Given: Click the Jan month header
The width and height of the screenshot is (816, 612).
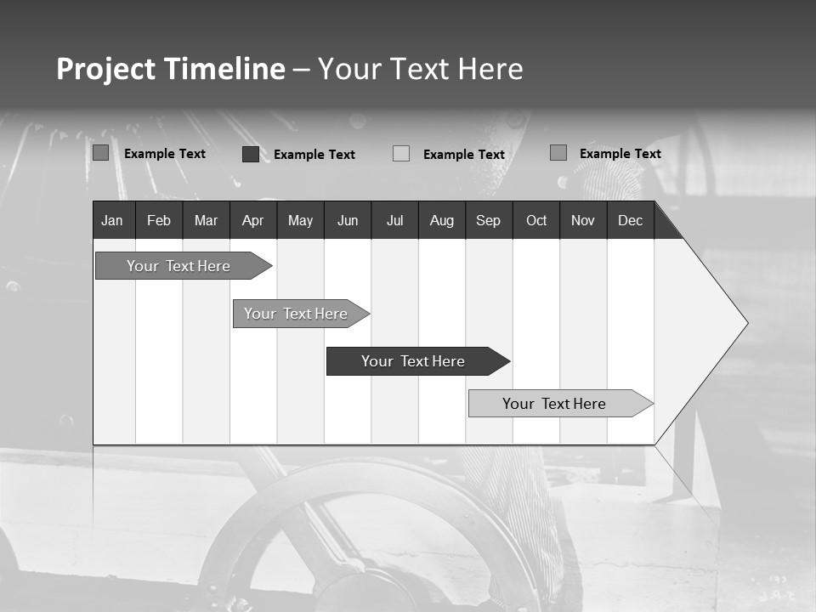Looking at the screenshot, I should [112, 221].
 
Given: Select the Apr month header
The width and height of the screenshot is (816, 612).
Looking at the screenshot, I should [252, 221].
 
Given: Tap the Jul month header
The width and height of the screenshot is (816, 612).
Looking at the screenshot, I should [394, 221].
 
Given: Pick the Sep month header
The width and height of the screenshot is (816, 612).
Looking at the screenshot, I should [488, 221].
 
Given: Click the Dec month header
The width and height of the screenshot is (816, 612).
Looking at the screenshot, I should [630, 221].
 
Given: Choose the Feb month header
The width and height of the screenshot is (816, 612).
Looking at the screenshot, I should [159, 221].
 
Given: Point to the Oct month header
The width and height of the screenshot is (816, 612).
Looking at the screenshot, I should [536, 221].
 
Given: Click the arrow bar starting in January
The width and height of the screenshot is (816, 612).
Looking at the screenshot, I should [178, 266].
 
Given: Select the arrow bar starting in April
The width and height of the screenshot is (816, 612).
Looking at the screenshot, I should [296, 314].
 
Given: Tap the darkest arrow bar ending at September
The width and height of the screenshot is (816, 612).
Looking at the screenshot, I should [413, 361].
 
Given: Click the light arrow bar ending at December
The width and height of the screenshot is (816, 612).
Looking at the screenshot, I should [554, 404].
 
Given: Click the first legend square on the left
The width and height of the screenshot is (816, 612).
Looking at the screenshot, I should [100, 153].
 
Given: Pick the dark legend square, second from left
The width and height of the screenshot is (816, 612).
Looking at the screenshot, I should [251, 154].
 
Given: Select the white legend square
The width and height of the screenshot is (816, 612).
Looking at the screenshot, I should [401, 154].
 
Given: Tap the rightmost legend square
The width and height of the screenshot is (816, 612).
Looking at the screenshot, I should [558, 153].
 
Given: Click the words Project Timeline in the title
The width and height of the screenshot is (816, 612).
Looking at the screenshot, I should [170, 69].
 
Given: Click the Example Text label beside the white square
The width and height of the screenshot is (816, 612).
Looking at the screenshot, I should [463, 155].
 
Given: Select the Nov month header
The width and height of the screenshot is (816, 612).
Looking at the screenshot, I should [583, 221].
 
